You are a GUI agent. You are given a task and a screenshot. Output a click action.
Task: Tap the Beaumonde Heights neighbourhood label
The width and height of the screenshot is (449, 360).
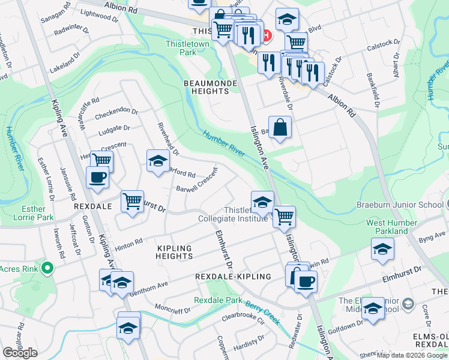tap(206, 86)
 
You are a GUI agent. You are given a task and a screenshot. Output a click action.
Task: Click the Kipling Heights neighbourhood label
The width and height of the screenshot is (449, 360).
tap(174, 252)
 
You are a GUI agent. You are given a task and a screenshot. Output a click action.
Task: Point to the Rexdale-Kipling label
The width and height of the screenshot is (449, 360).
tap(233, 276)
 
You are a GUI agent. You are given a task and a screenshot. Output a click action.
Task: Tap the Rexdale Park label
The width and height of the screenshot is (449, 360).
tap(217, 300)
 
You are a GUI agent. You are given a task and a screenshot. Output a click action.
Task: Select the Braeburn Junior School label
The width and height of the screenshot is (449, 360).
tap(399, 205)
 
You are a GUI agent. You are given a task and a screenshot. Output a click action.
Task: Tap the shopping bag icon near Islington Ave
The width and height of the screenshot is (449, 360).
tap(280, 127)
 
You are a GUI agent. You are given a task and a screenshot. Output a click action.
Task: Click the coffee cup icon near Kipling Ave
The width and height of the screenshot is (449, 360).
tap(97, 177)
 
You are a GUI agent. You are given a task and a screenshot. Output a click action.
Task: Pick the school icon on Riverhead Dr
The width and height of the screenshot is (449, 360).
tap(158, 161)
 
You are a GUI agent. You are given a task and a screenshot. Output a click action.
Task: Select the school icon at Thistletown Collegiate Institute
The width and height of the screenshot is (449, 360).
tap(262, 203)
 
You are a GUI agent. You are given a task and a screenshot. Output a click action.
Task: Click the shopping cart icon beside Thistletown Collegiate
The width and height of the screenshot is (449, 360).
tap(284, 217)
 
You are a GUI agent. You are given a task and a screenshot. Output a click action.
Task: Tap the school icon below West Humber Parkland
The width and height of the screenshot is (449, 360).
tap(382, 249)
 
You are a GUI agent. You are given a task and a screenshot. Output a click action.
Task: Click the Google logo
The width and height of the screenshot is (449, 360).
tap(20, 353)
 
